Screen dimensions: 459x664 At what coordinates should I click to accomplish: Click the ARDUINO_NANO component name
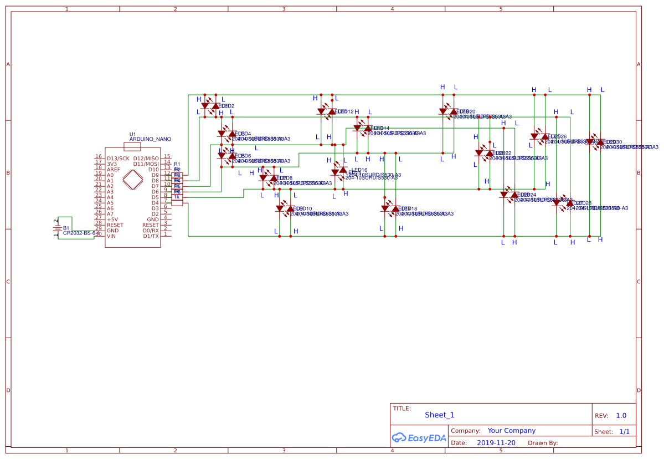point(150,140)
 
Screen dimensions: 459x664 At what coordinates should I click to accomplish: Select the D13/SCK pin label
point(118,159)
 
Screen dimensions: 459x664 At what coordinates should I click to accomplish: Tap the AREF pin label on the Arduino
point(114,170)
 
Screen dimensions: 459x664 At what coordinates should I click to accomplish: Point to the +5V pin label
point(112,220)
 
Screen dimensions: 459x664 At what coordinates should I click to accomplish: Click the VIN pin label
point(112,236)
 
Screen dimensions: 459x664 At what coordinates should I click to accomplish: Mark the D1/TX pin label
point(151,236)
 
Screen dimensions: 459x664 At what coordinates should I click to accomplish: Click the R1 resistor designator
point(177,164)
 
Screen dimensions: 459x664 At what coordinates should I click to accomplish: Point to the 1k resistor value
point(177,197)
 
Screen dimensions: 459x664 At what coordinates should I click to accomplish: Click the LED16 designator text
point(359,170)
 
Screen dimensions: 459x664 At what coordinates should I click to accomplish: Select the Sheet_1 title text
point(439,415)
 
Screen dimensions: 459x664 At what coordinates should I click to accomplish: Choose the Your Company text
point(511,431)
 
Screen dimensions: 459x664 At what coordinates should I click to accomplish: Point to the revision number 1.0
point(621,416)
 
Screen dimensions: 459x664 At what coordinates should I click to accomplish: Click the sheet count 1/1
point(624,431)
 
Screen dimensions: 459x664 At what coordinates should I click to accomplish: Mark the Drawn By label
point(542,443)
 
